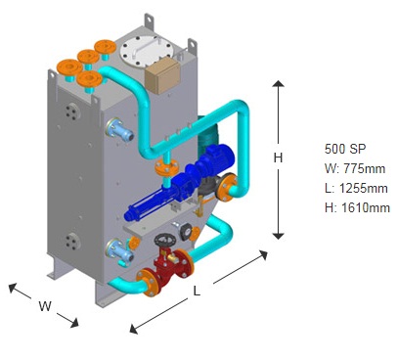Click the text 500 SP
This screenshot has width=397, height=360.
[345, 149]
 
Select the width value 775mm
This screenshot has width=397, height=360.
[365, 168]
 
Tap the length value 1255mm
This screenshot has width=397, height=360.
[364, 188]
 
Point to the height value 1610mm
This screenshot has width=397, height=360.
[366, 207]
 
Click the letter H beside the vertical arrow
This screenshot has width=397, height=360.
[278, 157]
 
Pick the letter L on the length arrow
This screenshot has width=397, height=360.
[197, 291]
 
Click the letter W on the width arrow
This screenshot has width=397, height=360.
[45, 306]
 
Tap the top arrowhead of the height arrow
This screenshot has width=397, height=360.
[278, 83]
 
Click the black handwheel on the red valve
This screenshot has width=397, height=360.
[165, 241]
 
